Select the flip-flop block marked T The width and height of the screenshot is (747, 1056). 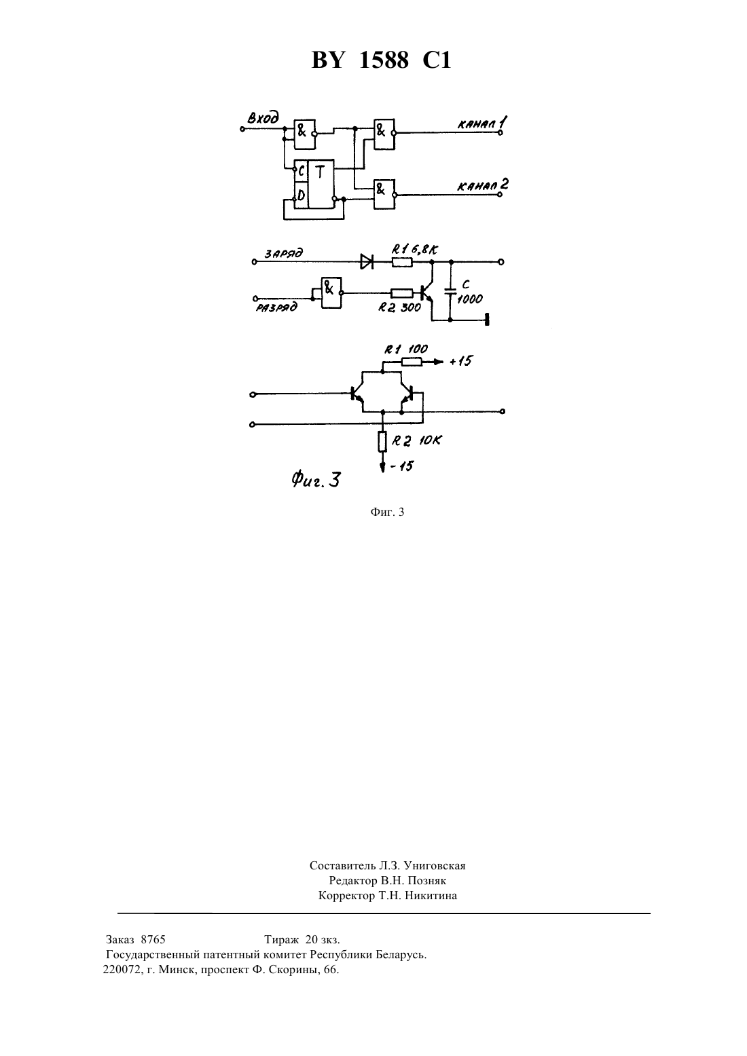pyautogui.click(x=314, y=184)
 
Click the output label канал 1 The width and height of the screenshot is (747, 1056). pyautogui.click(x=482, y=124)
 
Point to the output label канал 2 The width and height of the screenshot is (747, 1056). pyautogui.click(x=482, y=185)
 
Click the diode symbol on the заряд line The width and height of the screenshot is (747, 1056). pyautogui.click(x=367, y=261)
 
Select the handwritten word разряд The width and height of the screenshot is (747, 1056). pyautogui.click(x=276, y=308)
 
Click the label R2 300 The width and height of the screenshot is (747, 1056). pyautogui.click(x=399, y=308)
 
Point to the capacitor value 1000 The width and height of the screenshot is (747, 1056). pyautogui.click(x=470, y=299)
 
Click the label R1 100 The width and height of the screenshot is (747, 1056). pyautogui.click(x=405, y=350)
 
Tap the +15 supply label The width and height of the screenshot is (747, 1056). pyautogui.click(x=460, y=361)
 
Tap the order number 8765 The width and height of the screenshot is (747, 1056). pyautogui.click(x=153, y=939)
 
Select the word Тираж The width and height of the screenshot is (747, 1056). pyautogui.click(x=282, y=939)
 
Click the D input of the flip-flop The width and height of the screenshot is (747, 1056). pyautogui.click(x=300, y=195)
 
